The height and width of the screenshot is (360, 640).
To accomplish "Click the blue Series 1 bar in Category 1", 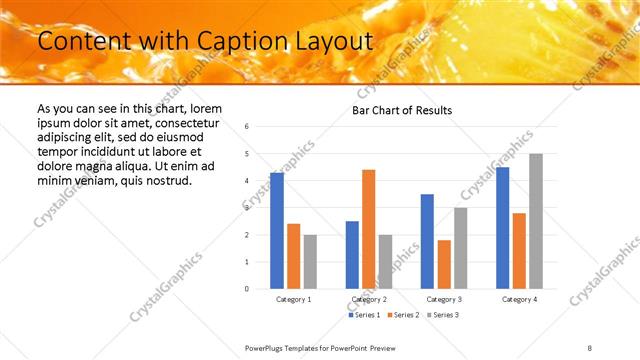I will [x=277, y=231].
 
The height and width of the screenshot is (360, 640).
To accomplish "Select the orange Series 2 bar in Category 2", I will [x=368, y=229].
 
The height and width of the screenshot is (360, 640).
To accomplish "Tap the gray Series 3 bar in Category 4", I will [x=536, y=221].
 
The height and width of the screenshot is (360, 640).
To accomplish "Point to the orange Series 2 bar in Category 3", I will [x=444, y=264].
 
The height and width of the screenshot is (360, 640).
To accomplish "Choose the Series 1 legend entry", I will [x=364, y=315].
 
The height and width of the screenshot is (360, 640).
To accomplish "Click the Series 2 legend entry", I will [x=402, y=315].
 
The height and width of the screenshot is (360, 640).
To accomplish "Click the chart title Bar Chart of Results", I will [x=401, y=110].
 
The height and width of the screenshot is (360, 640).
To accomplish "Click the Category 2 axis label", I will [x=368, y=299].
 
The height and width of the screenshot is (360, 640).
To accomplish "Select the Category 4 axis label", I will [x=519, y=299].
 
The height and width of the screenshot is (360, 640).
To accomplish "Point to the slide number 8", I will [x=590, y=347].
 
